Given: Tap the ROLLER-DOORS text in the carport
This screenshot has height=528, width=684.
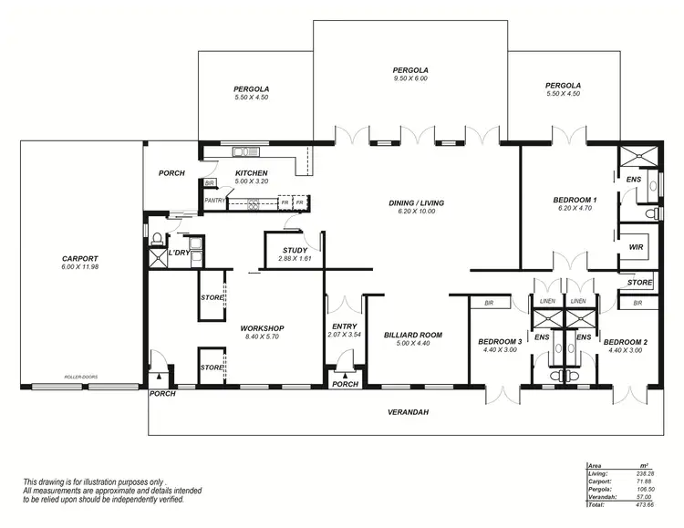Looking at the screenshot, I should [80, 377].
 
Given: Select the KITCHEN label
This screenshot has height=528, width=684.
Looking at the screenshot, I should [251, 173].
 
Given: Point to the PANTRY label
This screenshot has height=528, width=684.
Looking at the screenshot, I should [215, 201].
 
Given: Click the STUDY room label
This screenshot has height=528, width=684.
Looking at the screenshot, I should [295, 250].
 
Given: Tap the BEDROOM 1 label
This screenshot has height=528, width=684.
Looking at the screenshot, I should [575, 200].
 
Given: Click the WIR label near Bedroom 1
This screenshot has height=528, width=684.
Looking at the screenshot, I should [636, 246].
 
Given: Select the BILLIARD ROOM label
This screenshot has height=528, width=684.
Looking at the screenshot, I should [412, 335].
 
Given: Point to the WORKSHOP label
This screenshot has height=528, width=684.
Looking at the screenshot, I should [263, 328].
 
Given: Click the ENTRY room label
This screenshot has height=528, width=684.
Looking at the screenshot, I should [344, 326].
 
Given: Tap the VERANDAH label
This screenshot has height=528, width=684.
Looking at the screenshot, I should [407, 412].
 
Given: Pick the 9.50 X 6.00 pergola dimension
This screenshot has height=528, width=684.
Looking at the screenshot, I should [410, 79].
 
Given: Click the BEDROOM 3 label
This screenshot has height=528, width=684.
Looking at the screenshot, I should [500, 342].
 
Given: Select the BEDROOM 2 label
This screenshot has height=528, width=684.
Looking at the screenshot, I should [625, 342].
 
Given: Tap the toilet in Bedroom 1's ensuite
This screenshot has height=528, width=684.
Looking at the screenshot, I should [649, 213].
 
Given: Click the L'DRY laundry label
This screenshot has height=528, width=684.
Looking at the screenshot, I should [181, 253].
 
